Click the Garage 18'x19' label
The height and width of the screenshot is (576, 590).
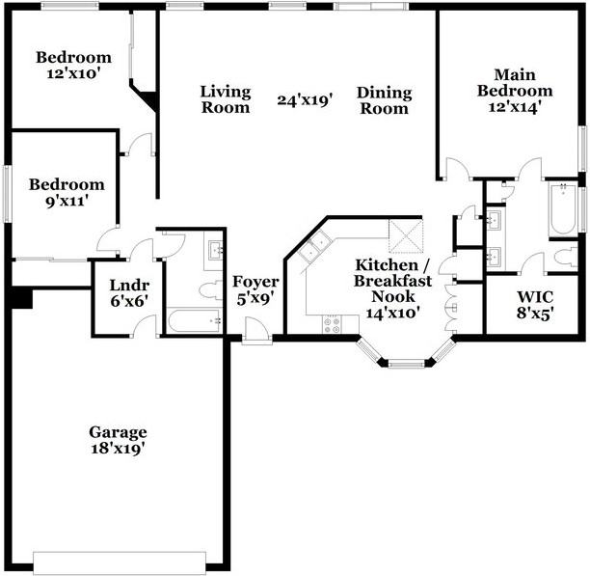118,440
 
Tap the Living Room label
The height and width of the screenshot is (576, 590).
226,99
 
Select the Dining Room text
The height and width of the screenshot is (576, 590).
384,100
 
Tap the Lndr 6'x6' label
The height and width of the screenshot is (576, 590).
127,293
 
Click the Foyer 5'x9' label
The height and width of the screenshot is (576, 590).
255,289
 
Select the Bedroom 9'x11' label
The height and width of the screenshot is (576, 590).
66,193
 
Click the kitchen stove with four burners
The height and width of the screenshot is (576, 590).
333,324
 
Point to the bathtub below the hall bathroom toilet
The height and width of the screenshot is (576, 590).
193,321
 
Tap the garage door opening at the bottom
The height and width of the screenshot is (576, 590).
120,562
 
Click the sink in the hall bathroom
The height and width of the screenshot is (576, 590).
213,253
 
